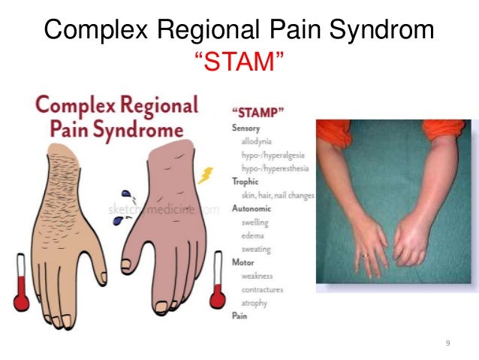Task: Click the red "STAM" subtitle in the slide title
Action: click(x=239, y=64)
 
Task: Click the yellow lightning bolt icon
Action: click(x=206, y=176)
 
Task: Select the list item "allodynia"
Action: click(x=257, y=141)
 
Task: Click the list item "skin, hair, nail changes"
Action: click(x=277, y=195)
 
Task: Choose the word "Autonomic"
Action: click(x=252, y=209)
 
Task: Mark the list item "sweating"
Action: click(x=256, y=250)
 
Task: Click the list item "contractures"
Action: click(x=262, y=289)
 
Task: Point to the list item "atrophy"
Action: click(x=254, y=303)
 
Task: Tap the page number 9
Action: click(x=448, y=343)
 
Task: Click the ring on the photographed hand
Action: click(x=364, y=256)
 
